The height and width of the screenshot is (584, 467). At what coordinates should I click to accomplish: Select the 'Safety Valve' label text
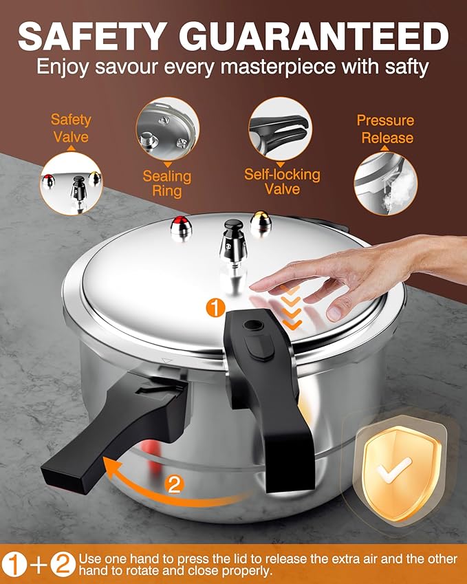71,128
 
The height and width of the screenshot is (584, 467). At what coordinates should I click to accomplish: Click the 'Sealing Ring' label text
166,183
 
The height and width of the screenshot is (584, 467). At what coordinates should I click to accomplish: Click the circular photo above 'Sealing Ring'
167,129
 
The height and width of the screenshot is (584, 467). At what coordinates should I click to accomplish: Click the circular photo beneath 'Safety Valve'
71,183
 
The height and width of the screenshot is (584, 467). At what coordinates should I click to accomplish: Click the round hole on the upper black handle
263,322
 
